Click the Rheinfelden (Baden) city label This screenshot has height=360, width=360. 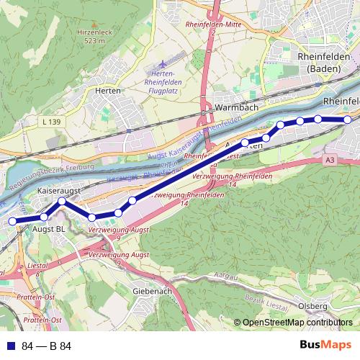[x=323, y=62]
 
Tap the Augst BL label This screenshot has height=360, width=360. [x=50, y=229]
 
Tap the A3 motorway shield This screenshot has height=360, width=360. [x=330, y=158]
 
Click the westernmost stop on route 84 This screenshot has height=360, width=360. [x=12, y=222]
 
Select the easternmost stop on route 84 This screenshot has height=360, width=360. [x=347, y=120]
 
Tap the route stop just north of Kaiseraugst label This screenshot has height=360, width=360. [x=63, y=202]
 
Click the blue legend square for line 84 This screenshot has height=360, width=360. [x=11, y=346]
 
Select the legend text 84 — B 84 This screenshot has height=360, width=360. [x=47, y=346]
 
